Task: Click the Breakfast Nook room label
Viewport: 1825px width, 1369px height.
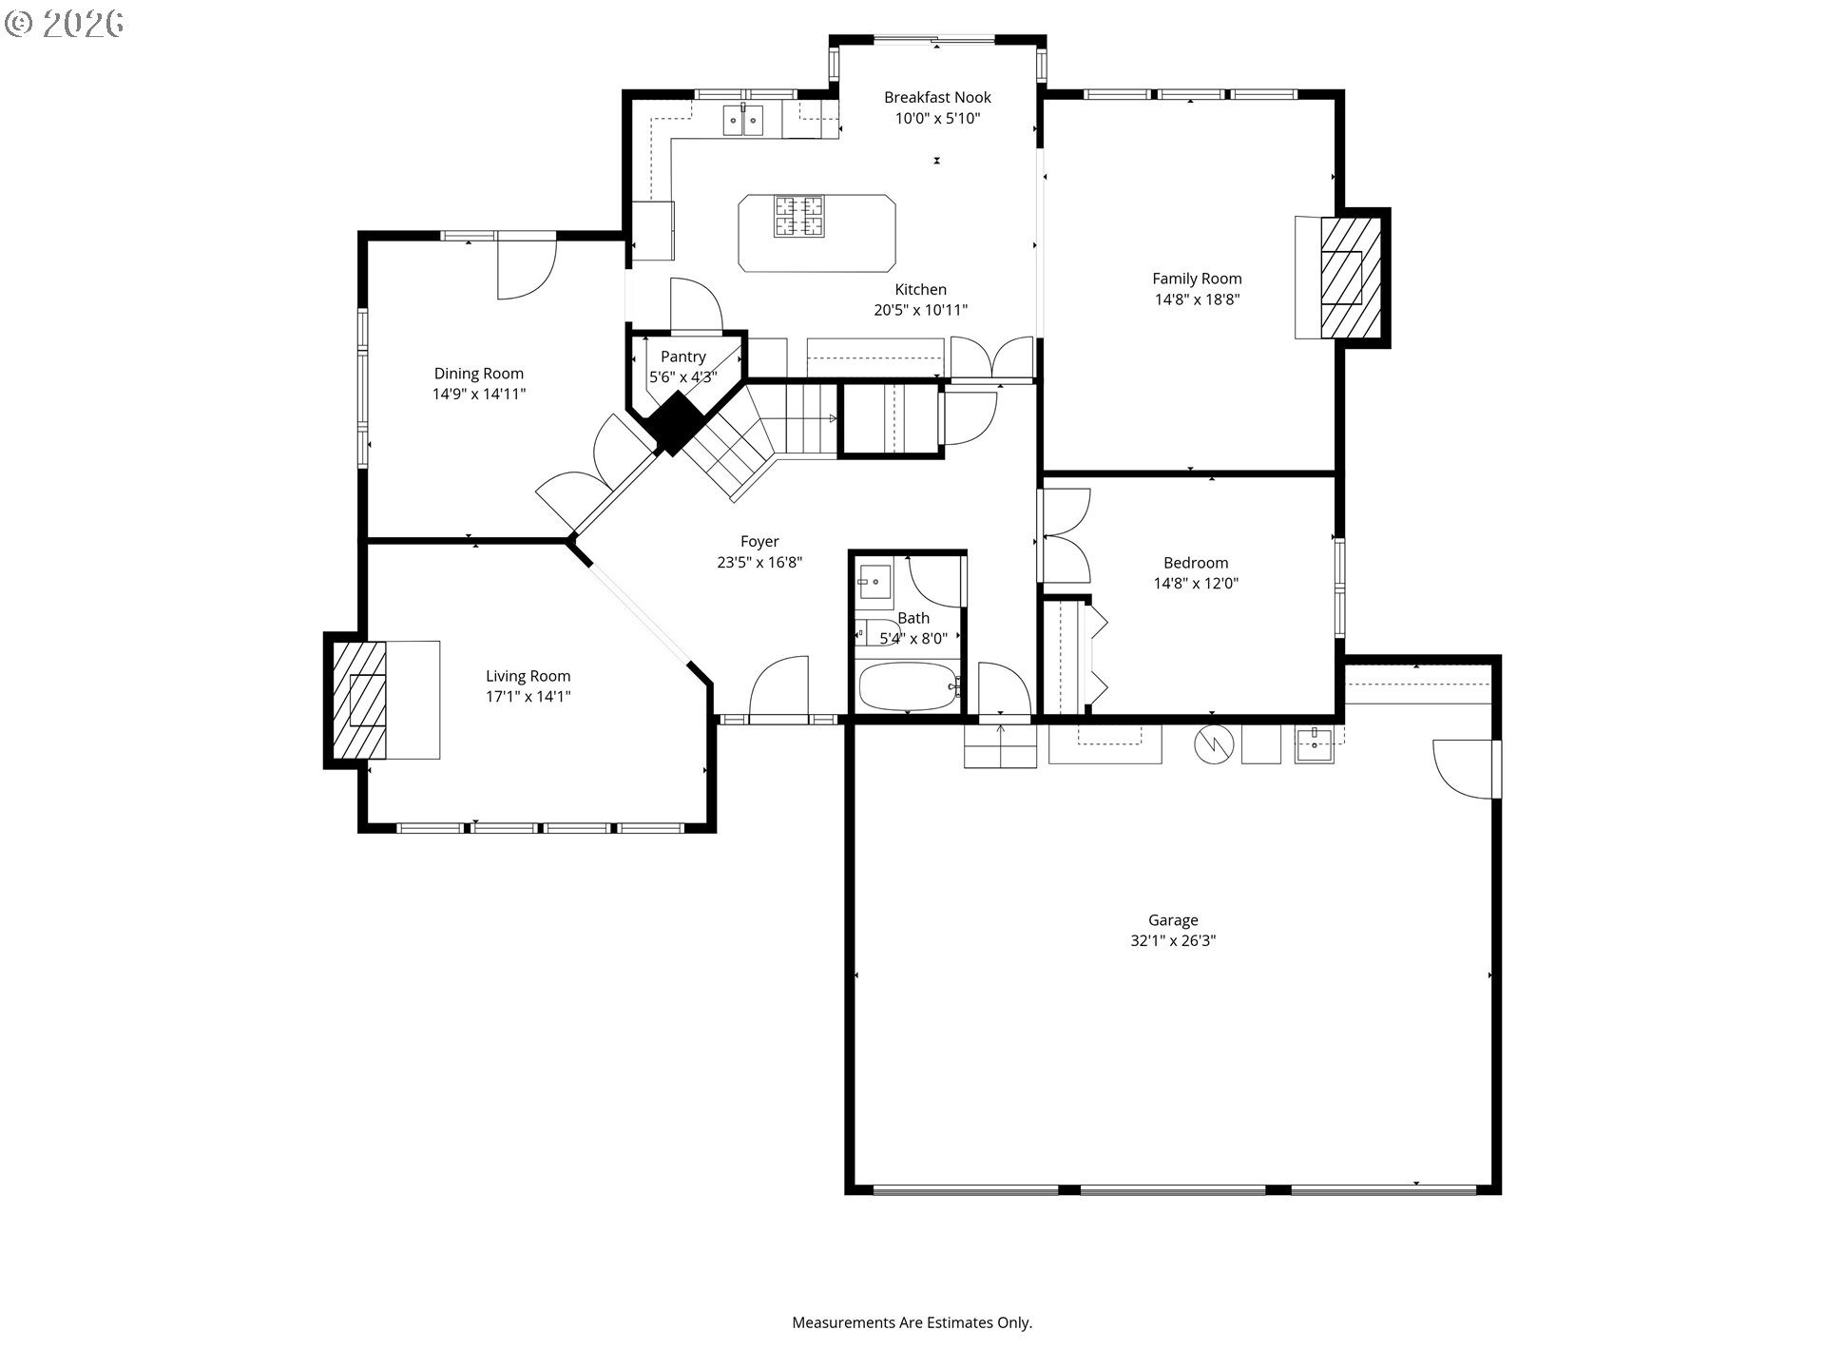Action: pyautogui.click(x=937, y=97)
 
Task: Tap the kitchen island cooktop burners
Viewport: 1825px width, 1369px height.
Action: pyautogui.click(x=798, y=216)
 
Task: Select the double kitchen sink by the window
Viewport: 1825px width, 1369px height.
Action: pyautogui.click(x=742, y=121)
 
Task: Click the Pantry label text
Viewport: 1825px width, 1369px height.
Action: pyautogui.click(x=682, y=357)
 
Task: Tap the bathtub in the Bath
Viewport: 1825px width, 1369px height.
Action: pyautogui.click(x=908, y=686)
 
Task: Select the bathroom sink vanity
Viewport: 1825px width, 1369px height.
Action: pyautogui.click(x=874, y=581)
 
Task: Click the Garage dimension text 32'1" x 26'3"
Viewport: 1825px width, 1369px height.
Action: pyautogui.click(x=1172, y=941)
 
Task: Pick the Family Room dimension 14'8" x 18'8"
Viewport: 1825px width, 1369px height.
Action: pyautogui.click(x=1197, y=299)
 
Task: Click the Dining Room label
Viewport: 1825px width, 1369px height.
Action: pyautogui.click(x=478, y=374)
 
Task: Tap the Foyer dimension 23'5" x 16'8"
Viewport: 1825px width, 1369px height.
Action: pyautogui.click(x=759, y=563)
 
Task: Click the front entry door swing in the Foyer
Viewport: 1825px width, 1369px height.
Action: pyautogui.click(x=779, y=687)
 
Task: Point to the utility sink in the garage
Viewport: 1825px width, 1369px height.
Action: pyautogui.click(x=1314, y=743)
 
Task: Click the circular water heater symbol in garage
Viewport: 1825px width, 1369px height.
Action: pyautogui.click(x=1213, y=744)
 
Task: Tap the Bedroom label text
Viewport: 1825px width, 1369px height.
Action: pyautogui.click(x=1195, y=563)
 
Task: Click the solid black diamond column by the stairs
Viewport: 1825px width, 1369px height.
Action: pyautogui.click(x=675, y=423)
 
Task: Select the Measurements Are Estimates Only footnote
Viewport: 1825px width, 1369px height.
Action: pyautogui.click(x=912, y=1322)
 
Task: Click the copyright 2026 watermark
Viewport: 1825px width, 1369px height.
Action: pyautogui.click(x=65, y=24)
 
